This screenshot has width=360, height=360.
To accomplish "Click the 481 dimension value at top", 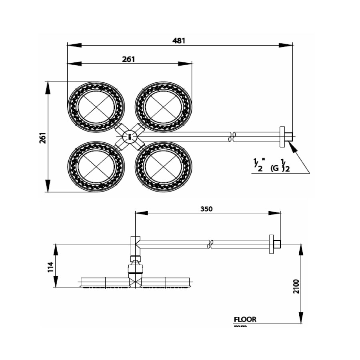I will pyautogui.click(x=180, y=40).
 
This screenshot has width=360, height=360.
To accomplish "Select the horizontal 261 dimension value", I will pyautogui.click(x=129, y=59).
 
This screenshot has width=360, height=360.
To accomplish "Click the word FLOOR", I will pyautogui.click(x=245, y=320).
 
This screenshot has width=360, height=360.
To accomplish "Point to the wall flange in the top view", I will pyautogui.click(x=283, y=137).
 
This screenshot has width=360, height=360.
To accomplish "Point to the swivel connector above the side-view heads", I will pyautogui.click(x=135, y=266).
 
